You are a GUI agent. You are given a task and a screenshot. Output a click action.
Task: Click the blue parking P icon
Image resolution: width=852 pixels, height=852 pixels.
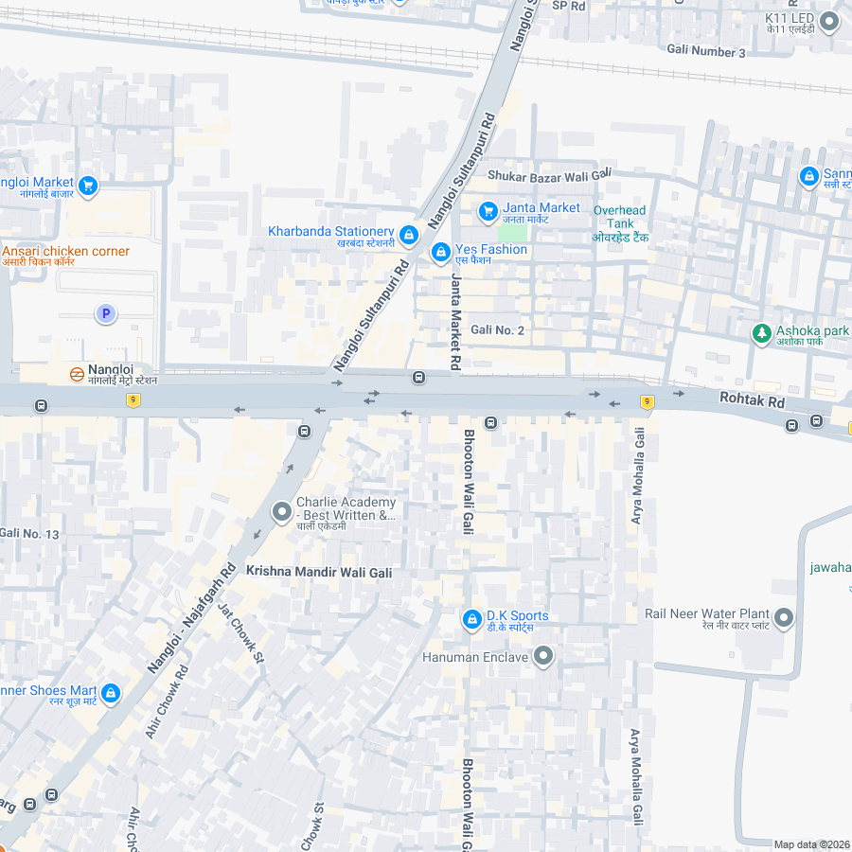[x=106, y=313]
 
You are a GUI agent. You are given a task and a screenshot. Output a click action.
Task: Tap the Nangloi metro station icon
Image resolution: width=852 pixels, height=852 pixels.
[x=77, y=373]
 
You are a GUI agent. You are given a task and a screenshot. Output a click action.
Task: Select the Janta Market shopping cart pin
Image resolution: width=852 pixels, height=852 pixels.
[x=488, y=210]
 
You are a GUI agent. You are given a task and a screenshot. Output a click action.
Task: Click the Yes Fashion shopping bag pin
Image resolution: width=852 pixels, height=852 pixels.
[x=439, y=253]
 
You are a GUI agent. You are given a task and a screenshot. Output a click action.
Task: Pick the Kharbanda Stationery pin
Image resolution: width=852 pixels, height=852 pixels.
[x=409, y=234]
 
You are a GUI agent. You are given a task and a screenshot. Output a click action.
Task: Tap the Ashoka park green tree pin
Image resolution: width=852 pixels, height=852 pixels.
[x=761, y=333]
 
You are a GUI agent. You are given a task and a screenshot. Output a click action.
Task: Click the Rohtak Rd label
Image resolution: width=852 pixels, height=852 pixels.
[x=752, y=401]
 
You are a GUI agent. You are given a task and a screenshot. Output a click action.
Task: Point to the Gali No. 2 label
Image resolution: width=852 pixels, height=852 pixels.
[x=497, y=329]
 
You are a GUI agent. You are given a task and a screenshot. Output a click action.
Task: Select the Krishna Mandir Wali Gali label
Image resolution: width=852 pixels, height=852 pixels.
[x=319, y=572]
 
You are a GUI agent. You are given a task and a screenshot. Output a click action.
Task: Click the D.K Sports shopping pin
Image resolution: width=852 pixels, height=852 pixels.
[x=471, y=619]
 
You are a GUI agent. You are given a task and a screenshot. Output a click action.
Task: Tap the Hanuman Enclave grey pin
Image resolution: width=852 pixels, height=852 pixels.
[x=543, y=655]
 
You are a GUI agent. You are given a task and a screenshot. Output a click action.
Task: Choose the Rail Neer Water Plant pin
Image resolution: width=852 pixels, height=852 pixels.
[x=784, y=618]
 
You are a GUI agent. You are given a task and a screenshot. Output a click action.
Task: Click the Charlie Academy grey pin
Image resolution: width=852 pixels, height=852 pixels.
[x=281, y=512]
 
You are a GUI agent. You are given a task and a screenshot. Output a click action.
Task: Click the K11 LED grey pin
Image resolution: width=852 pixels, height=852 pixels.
[x=829, y=21]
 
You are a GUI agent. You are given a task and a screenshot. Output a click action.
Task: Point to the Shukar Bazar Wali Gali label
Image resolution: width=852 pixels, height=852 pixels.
[x=549, y=176]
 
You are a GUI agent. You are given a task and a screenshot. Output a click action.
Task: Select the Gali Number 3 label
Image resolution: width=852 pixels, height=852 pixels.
[x=706, y=51]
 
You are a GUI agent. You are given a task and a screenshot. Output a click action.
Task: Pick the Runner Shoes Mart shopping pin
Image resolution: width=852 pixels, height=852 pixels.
[x=110, y=694]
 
